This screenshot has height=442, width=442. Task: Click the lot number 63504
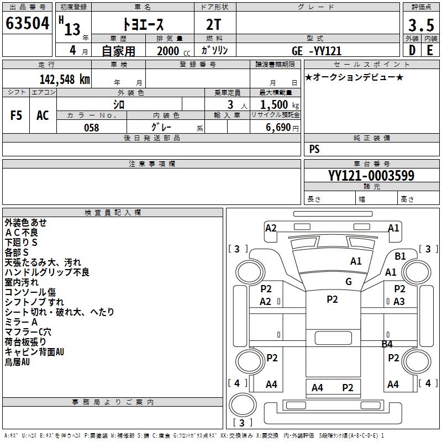(27, 24)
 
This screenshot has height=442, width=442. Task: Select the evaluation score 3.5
(420, 25)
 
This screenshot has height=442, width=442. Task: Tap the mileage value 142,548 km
(65, 80)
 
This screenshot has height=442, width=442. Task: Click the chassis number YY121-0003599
(371, 176)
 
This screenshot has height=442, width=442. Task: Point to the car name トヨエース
(143, 25)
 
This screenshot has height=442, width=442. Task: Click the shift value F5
(17, 115)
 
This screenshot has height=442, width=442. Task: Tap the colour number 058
(91, 128)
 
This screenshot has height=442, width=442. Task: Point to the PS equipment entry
(314, 149)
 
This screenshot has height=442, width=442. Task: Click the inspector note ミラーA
(21, 322)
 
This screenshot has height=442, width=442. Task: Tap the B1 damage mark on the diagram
(400, 256)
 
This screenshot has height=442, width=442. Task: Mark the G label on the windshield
(349, 282)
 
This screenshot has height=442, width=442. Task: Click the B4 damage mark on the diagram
(387, 344)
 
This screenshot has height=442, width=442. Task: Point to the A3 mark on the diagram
(399, 302)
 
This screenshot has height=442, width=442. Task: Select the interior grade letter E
(429, 50)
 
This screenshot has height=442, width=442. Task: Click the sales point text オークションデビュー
(354, 77)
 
